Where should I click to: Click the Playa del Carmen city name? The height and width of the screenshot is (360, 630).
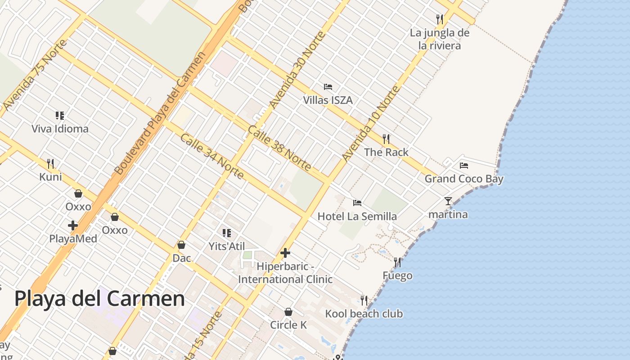coord(99,298)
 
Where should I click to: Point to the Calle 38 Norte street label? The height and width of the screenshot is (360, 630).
coord(279,148)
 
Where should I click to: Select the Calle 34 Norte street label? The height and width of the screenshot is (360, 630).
coord(211,156)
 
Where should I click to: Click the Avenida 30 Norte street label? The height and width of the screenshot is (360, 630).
coord(297,70)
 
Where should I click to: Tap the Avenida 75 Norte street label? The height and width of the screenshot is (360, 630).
coord(34,75)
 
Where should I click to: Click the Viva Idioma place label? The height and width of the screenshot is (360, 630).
coord(60,129)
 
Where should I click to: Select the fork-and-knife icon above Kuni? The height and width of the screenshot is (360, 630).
coord(50,163)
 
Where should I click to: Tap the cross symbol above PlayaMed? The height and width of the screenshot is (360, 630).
coord(73,225)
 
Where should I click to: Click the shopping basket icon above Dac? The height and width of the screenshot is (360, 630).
coord(181,245)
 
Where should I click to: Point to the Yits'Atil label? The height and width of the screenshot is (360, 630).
coord(227,246)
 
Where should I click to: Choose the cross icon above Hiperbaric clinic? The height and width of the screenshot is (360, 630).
coord(285,253)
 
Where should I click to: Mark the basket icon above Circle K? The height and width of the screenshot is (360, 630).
coord(288,312)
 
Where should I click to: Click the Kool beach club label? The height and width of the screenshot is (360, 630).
coord(364,314)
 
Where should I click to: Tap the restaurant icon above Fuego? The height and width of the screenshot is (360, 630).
coord(397,262)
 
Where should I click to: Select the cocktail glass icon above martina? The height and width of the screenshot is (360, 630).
coord(448,201)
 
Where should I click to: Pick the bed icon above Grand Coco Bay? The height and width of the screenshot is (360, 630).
coord(464,166)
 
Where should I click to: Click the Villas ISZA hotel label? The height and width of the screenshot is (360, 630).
coord(328,100)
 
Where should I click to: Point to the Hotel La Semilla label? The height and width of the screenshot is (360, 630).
coord(357,216)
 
